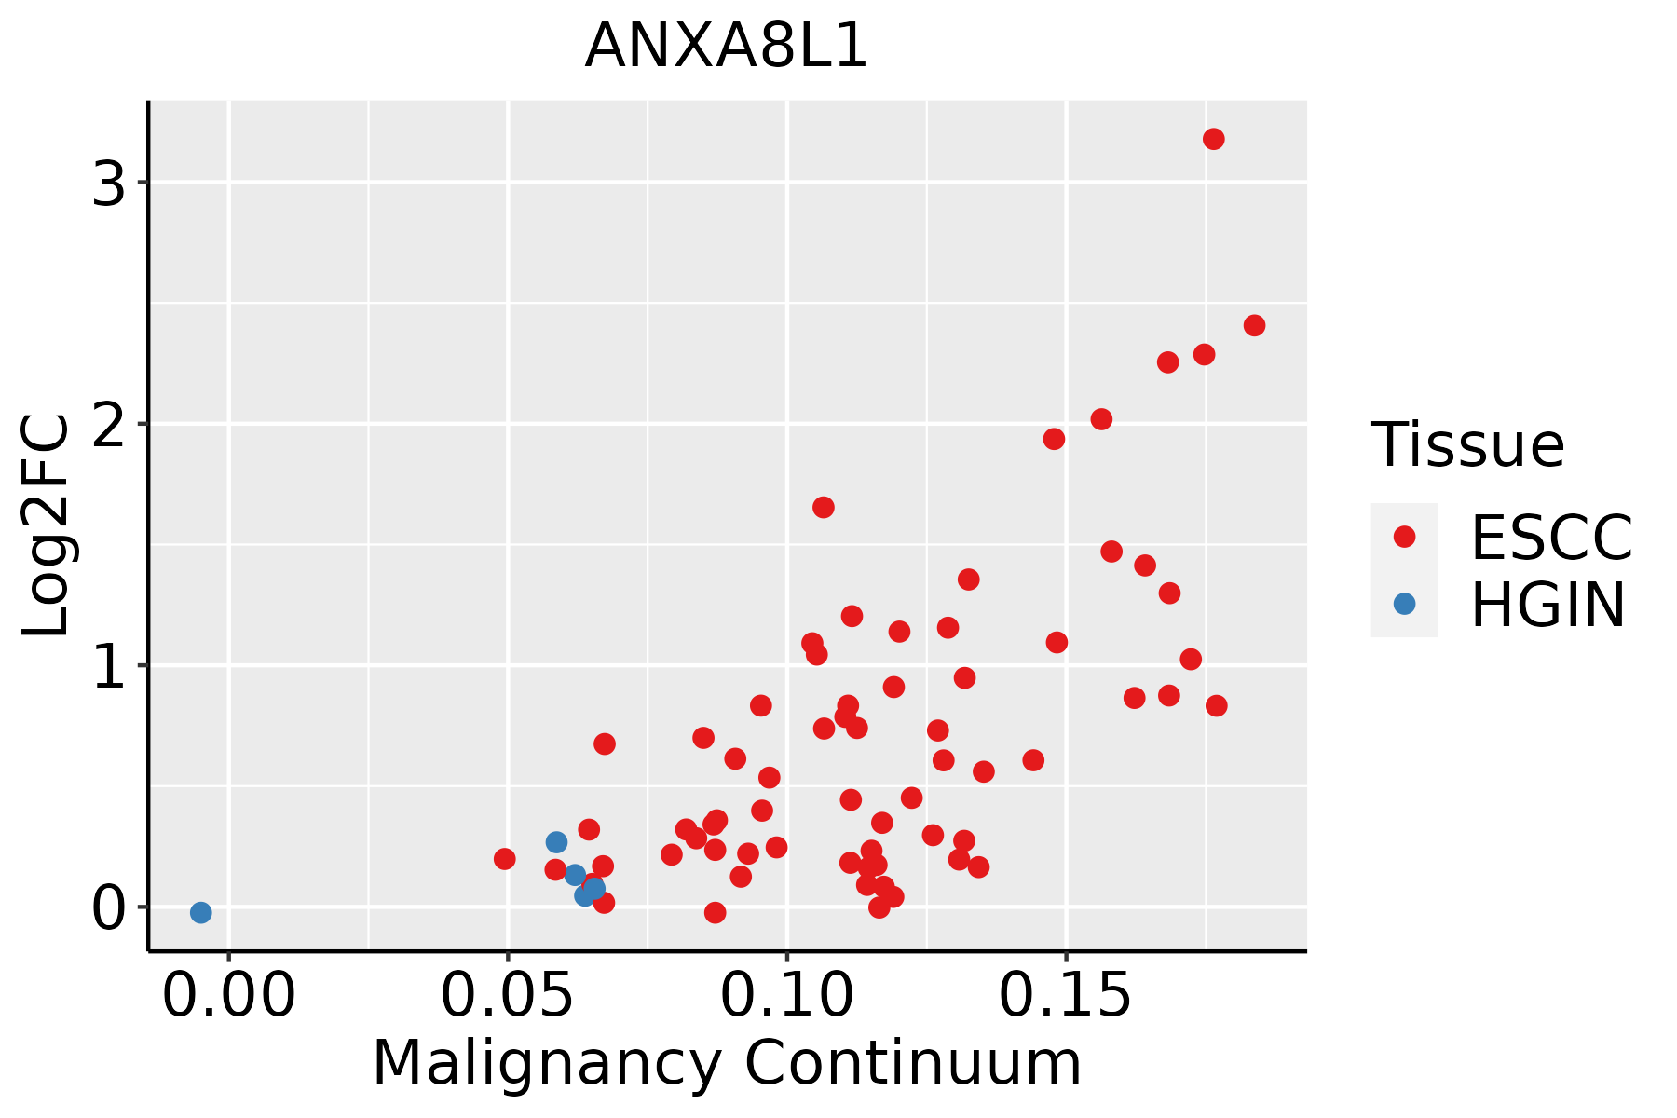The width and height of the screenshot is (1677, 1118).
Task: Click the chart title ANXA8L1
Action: (x=726, y=46)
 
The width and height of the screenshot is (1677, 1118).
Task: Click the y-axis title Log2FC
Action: (x=47, y=525)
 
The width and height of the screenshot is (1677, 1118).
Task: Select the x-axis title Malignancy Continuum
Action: (x=727, y=1064)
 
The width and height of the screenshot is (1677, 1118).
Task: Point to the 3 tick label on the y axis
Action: (x=109, y=184)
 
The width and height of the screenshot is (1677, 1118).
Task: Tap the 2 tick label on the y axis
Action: (x=109, y=425)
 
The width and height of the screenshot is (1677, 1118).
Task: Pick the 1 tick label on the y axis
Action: (x=109, y=666)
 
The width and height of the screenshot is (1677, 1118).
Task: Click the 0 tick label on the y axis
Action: (x=109, y=908)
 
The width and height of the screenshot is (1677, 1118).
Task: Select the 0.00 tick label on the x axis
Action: (x=229, y=996)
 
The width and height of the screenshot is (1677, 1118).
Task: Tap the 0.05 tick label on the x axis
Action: (x=508, y=996)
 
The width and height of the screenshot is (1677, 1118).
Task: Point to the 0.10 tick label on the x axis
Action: (x=787, y=996)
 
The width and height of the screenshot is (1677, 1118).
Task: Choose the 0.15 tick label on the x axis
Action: (x=1067, y=996)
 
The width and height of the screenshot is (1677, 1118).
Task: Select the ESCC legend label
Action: (x=1551, y=538)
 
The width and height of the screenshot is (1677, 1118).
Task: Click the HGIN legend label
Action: (x=1548, y=605)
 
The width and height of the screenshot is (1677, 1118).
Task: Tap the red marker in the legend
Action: (x=1404, y=537)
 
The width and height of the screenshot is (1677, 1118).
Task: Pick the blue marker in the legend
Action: (x=1404, y=604)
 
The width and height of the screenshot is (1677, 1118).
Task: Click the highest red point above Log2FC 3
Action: (x=1213, y=139)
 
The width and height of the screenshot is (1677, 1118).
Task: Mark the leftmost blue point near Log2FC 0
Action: (x=200, y=912)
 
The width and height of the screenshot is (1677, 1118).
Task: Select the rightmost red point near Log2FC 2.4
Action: (x=1254, y=325)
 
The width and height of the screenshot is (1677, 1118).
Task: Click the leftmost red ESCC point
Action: (x=504, y=859)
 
